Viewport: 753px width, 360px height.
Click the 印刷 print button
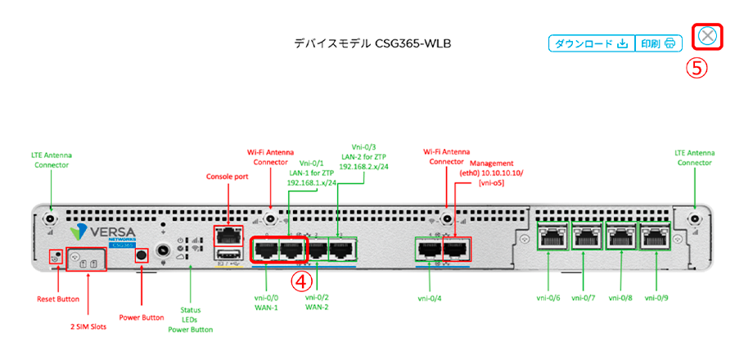[658, 43]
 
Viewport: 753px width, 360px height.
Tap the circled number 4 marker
[304, 280]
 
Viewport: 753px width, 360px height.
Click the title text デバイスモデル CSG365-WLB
[373, 43]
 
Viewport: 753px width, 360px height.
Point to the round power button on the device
[141, 256]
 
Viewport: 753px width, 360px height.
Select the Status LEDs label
[191, 320]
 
